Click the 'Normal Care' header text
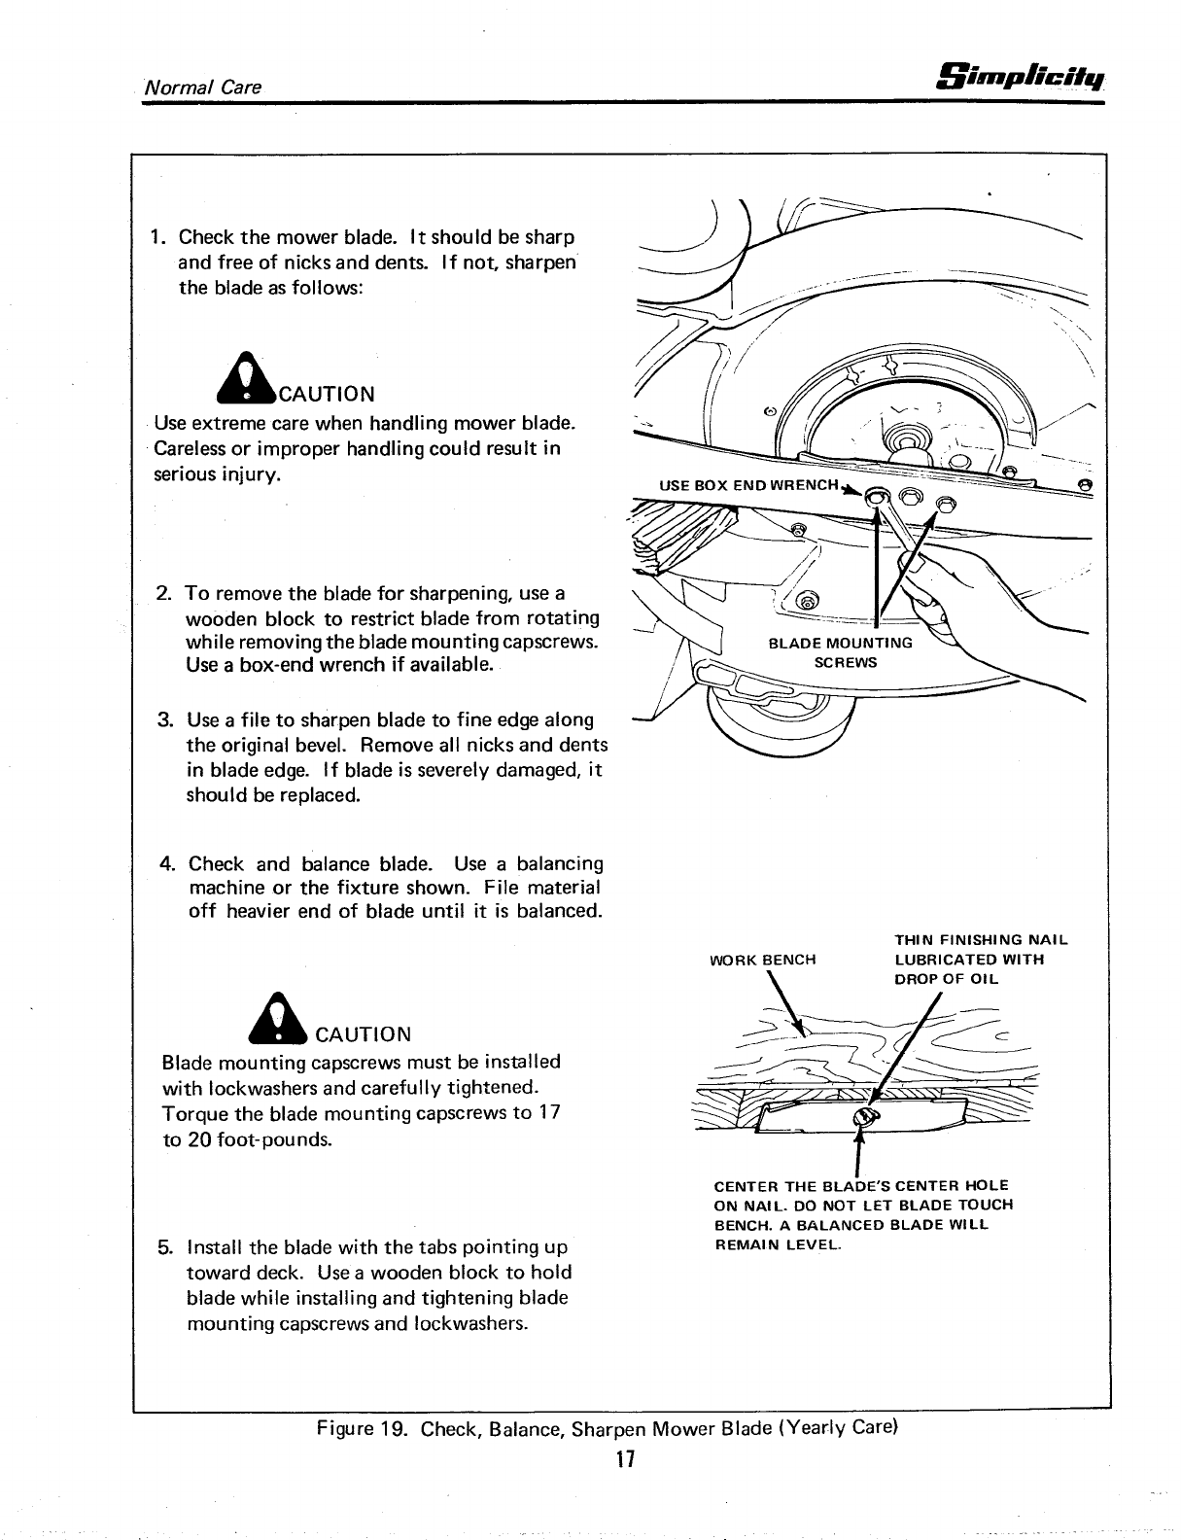tap(202, 87)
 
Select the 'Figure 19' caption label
tap(364, 1430)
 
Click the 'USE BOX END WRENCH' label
tap(747, 484)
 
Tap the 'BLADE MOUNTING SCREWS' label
tap(841, 652)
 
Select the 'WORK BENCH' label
tap(763, 960)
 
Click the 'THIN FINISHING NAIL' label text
tap(981, 940)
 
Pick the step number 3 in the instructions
tap(165, 720)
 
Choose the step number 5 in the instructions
tap(166, 1247)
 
